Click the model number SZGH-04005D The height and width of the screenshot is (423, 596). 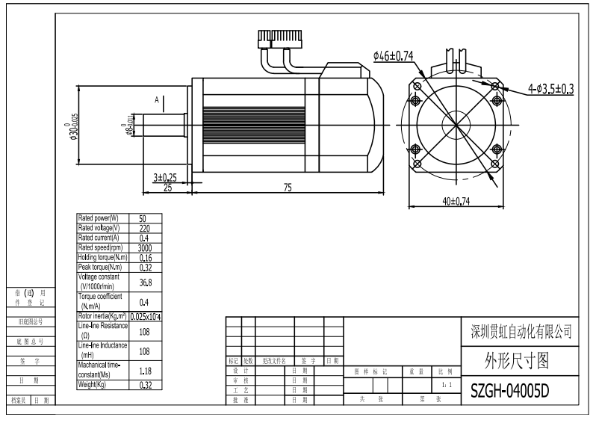(510, 391)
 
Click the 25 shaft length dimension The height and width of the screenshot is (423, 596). (168, 188)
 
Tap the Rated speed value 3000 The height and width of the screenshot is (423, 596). (145, 247)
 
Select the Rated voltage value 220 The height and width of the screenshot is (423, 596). (145, 228)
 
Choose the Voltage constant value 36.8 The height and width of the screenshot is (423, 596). (145, 282)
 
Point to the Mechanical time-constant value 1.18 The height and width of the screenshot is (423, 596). (145, 369)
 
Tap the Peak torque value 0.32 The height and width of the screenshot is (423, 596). (145, 267)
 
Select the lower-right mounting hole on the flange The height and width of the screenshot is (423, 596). (494, 164)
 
